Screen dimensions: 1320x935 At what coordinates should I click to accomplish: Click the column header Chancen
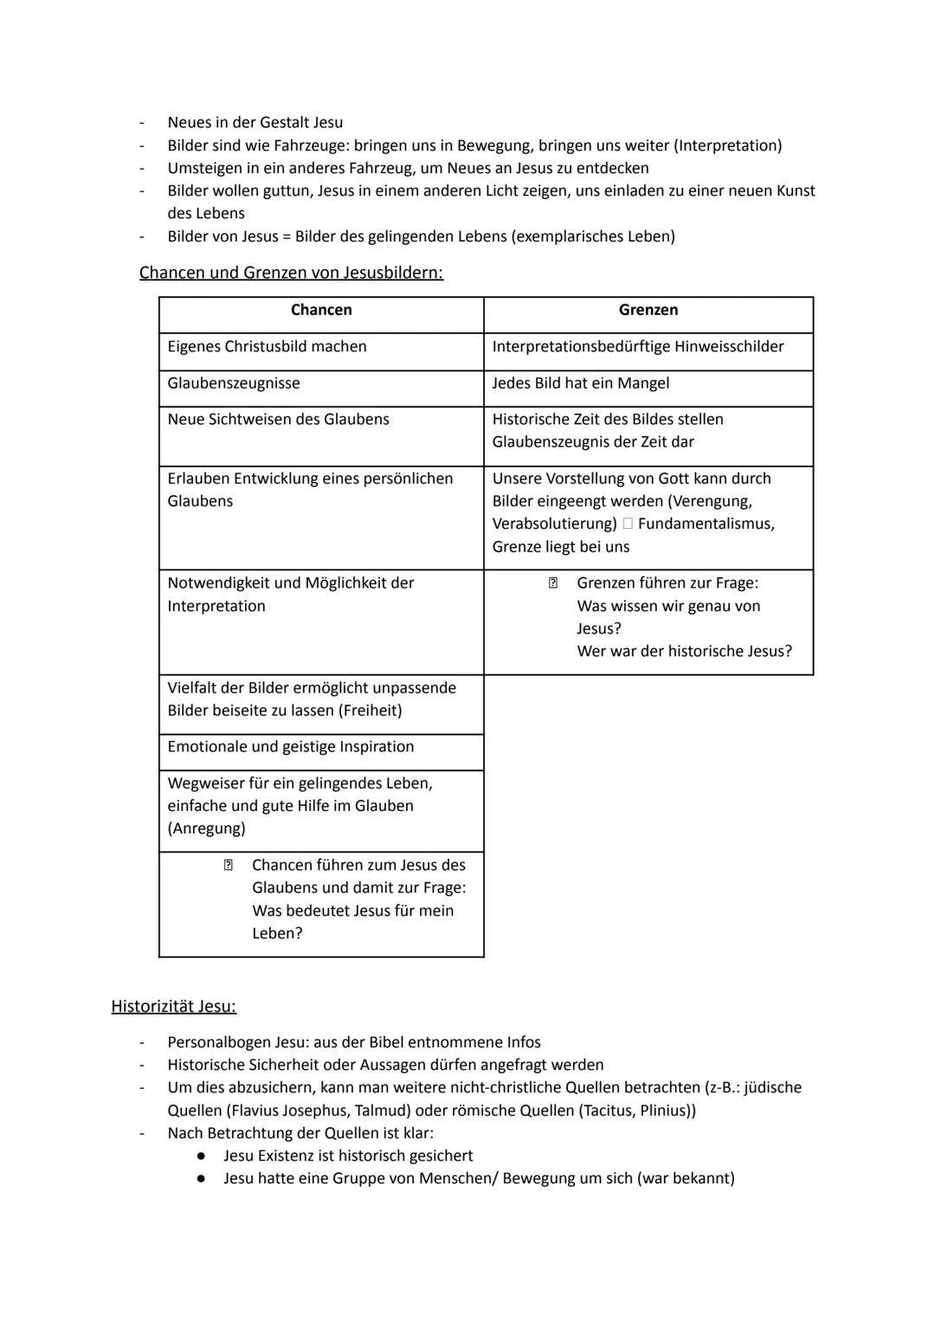pos(321,310)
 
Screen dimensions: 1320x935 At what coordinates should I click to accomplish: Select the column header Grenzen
pos(648,310)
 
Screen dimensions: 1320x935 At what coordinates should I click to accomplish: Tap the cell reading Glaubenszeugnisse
pos(234,383)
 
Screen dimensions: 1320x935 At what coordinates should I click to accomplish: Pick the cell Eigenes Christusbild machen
pos(267,347)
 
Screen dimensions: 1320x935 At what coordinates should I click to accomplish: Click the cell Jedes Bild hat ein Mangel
pos(580,383)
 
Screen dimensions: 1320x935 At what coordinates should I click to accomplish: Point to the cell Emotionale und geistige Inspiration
pos(290,747)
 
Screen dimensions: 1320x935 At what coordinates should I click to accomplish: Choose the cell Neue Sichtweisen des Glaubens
pos(278,420)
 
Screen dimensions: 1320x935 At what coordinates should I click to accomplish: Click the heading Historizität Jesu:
pos(173,1007)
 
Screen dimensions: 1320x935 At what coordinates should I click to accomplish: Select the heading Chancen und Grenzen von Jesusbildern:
pos(291,273)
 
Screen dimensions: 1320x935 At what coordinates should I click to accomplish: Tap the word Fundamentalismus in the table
pos(706,525)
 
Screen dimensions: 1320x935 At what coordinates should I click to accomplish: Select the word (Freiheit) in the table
pos(370,711)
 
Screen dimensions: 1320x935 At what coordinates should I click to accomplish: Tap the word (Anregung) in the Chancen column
pos(206,829)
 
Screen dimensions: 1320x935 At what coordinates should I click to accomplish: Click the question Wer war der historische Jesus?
pos(684,652)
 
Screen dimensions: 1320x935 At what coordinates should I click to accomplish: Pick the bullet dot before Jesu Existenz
pos(201,1156)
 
